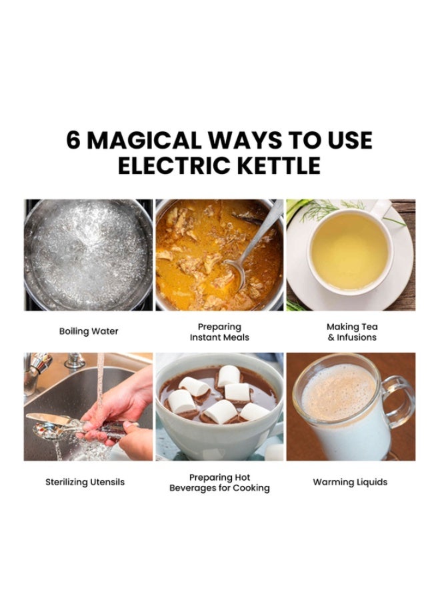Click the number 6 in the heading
click(x=74, y=141)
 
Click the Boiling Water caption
click(x=88, y=331)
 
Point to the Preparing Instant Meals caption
click(x=219, y=332)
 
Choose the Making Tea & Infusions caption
click(x=351, y=332)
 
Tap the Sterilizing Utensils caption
click(x=85, y=482)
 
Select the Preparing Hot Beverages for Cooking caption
click(x=219, y=483)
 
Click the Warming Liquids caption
click(x=350, y=482)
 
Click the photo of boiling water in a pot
click(x=88, y=255)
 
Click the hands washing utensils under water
click(x=123, y=407)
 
